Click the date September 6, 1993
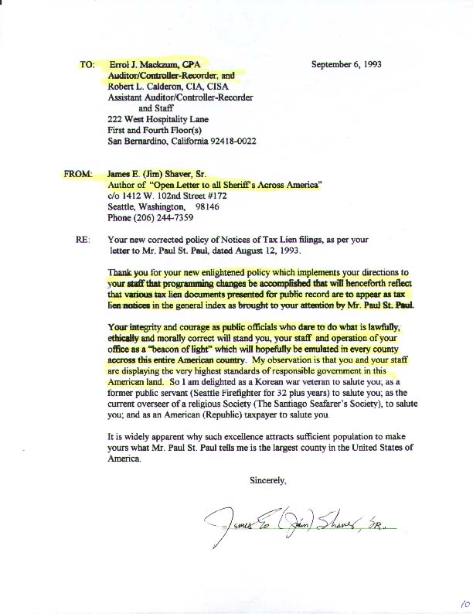pos(346,65)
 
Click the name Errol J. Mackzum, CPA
pos(151,65)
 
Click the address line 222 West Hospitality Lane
pos(160,120)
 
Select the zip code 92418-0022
pos(231,142)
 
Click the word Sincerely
pos(268,480)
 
